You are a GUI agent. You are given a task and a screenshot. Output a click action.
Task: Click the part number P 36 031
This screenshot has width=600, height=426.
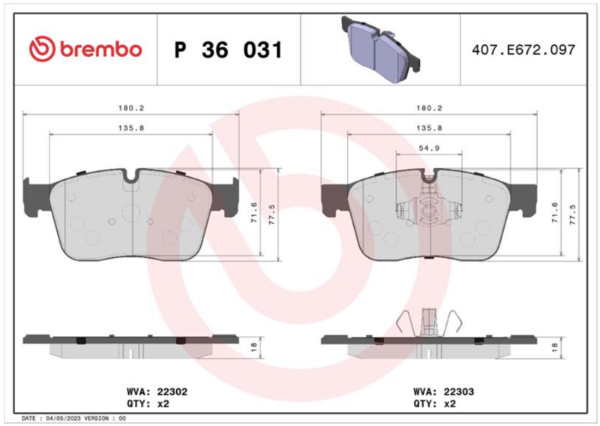[x=228, y=49]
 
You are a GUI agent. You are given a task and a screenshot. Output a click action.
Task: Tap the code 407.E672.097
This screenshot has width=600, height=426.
[x=523, y=49]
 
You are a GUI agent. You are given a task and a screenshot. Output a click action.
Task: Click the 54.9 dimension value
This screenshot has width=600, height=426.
[x=429, y=148]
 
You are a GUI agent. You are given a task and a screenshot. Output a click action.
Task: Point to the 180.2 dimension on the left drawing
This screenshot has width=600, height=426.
[x=130, y=108]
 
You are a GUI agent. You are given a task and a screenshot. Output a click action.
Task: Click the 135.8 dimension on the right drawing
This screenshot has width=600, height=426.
[x=429, y=128]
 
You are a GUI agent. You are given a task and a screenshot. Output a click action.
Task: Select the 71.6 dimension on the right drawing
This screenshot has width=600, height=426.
[x=555, y=213]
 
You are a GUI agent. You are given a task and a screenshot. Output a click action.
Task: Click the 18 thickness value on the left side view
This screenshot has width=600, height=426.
[x=253, y=347]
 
